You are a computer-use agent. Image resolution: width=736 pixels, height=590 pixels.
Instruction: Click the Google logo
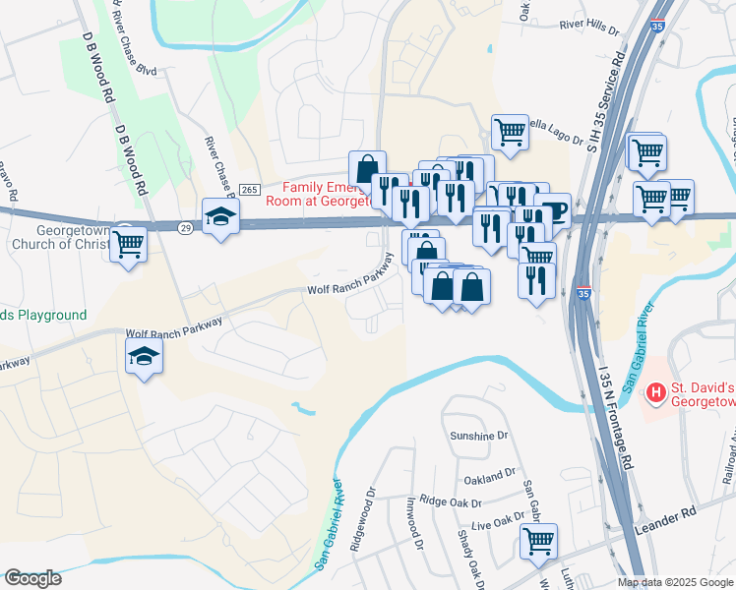point(32,578)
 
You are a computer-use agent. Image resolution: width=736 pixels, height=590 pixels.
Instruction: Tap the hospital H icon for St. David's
point(655,393)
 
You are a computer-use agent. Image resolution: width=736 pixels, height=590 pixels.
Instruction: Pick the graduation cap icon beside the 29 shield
point(220,215)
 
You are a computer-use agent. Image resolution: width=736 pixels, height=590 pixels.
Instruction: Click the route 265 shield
point(250,189)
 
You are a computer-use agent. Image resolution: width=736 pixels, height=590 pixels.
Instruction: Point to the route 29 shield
point(184,227)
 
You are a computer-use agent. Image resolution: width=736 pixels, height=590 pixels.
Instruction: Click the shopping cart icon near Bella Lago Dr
point(509,131)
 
